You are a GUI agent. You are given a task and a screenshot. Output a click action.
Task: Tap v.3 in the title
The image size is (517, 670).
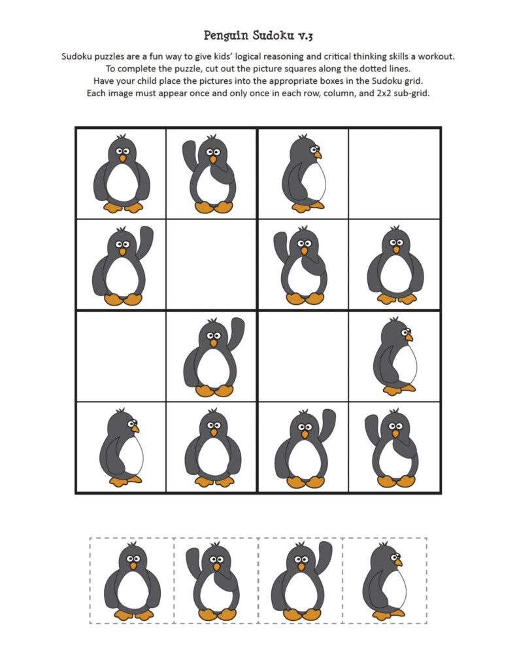[301, 35]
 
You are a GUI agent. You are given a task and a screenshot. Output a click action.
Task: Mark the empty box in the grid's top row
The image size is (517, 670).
[394, 173]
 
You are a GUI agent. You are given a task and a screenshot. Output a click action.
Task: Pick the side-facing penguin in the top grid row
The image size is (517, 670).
[303, 173]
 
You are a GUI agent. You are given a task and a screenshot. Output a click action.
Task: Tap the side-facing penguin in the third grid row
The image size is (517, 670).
[395, 356]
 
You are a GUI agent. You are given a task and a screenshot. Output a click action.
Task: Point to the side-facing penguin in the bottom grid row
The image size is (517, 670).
[121, 448]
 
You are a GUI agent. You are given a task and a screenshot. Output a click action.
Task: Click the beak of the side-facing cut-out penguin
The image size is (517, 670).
[398, 562]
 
